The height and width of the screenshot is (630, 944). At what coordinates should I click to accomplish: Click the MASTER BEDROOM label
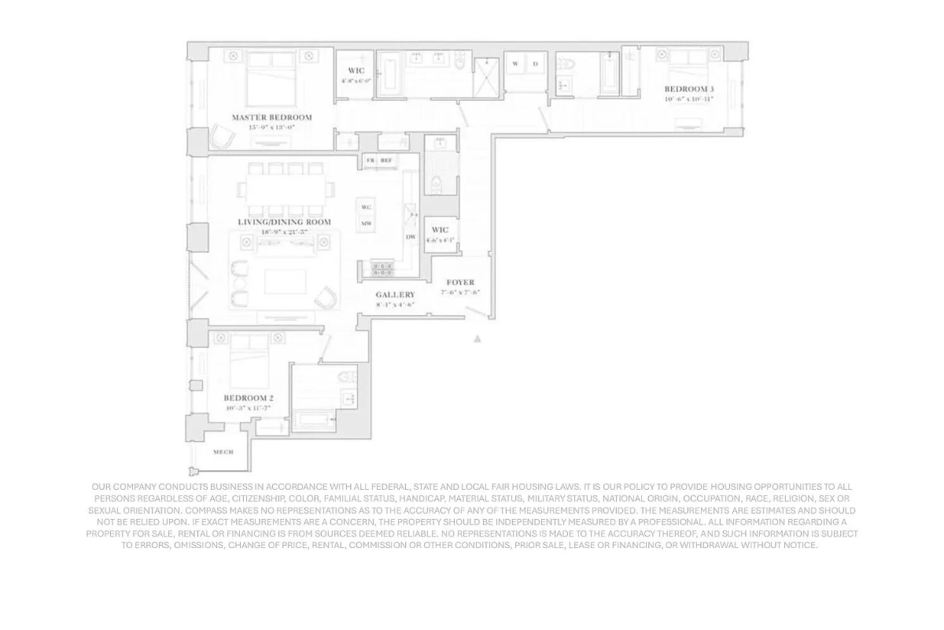point(271,117)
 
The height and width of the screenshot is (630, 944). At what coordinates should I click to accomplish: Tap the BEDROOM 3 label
point(689,89)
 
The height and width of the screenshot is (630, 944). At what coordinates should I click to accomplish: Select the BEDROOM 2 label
point(249,398)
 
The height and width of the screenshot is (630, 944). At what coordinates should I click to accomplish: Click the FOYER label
point(460,282)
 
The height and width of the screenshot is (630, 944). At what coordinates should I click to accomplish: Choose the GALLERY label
point(395,295)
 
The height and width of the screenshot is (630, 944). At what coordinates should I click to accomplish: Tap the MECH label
point(223,452)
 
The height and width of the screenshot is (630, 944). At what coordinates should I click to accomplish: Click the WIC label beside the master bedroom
point(356,71)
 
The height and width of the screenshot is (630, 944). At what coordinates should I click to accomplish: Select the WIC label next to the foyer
point(440,230)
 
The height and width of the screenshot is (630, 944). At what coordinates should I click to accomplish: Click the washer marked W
point(516,64)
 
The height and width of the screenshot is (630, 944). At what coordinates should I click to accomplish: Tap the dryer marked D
point(535,64)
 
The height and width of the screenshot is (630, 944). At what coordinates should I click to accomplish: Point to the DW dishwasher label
point(411,236)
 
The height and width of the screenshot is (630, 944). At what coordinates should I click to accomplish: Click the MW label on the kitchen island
point(366,224)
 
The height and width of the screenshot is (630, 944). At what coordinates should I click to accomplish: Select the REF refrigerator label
point(386,161)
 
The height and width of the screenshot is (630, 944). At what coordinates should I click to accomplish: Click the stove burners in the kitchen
point(382,269)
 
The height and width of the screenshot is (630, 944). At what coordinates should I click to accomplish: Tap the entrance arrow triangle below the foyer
point(477,339)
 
